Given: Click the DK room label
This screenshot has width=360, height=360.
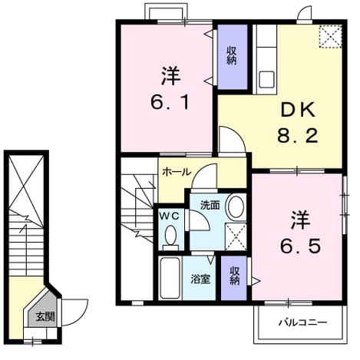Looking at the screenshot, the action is pyautogui.click(x=298, y=110).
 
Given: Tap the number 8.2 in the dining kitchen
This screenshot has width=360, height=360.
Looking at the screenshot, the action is pyautogui.click(x=298, y=136).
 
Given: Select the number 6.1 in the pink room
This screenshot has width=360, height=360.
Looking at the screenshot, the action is pyautogui.click(x=170, y=102).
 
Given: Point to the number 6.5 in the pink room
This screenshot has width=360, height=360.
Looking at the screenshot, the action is pyautogui.click(x=300, y=246).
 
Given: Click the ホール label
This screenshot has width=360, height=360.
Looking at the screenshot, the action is pyautogui.click(x=177, y=172).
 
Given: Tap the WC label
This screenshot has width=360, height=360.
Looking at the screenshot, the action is pyautogui.click(x=169, y=216).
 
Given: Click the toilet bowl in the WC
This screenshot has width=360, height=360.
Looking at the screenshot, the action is pyautogui.click(x=170, y=236).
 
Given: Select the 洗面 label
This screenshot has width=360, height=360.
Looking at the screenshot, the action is pyautogui.click(x=210, y=205).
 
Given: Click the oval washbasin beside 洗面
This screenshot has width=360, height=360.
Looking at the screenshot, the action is pyautogui.click(x=236, y=207).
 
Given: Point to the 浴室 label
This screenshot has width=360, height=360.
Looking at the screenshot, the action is pyautogui.click(x=200, y=279).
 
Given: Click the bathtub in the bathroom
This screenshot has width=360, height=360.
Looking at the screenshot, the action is pyautogui.click(x=169, y=279).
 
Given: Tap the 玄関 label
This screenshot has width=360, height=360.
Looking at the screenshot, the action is pyautogui.click(x=45, y=317).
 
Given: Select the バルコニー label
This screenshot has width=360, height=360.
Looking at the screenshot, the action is pyautogui.click(x=302, y=322).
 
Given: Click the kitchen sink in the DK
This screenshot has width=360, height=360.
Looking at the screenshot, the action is pyautogui.click(x=266, y=79).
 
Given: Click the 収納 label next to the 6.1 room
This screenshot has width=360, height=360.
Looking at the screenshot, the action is pyautogui.click(x=232, y=55).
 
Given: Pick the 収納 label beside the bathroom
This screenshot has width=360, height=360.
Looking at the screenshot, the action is pyautogui.click(x=235, y=276).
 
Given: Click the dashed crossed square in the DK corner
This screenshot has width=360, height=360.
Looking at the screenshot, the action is pyautogui.click(x=330, y=36).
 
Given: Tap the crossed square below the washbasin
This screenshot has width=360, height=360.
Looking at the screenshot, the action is pyautogui.click(x=236, y=236).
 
